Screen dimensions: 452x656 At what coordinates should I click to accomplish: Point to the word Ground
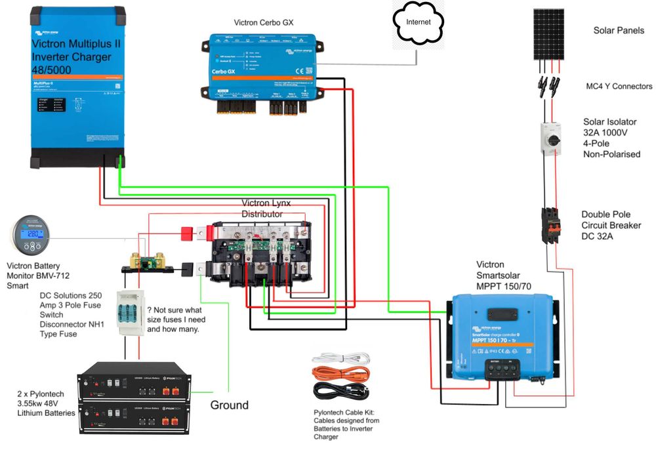[229, 405]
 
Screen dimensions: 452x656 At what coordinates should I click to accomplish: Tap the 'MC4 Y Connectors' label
[619, 86]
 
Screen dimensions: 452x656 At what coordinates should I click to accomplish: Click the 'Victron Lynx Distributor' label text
[262, 209]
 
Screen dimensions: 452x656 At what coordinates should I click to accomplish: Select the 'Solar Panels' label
[619, 31]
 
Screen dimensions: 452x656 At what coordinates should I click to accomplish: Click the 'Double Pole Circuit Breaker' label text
[611, 226]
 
